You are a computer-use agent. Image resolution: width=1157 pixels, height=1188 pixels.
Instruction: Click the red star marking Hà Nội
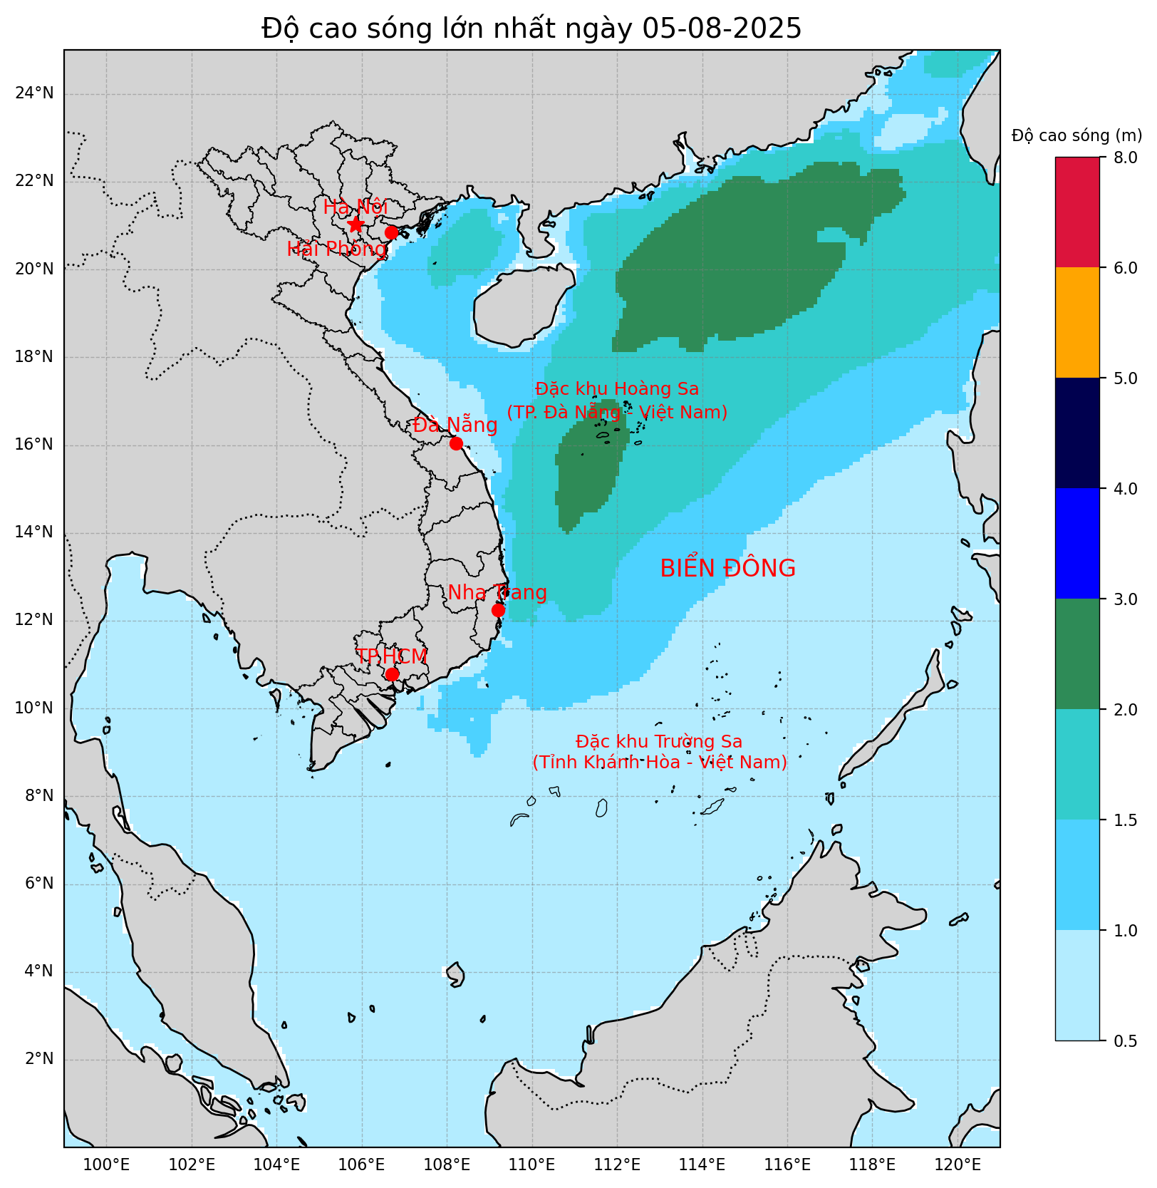(356, 224)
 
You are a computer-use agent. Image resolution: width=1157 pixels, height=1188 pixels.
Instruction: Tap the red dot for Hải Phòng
(391, 232)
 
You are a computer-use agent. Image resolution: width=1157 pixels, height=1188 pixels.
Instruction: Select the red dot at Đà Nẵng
(456, 443)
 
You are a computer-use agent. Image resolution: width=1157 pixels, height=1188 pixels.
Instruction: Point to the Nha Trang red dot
(498, 610)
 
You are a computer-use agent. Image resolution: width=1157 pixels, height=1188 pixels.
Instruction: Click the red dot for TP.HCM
(392, 674)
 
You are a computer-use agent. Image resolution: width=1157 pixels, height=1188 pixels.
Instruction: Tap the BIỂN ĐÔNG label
(727, 569)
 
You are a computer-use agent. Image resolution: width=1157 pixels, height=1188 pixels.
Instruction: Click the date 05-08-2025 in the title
(721, 29)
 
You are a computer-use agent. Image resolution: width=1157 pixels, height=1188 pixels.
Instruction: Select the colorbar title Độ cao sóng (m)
(1076, 135)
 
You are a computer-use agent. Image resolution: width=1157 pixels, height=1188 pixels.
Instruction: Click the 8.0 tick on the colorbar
(1126, 157)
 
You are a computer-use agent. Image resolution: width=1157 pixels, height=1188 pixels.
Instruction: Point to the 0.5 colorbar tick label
(1126, 1041)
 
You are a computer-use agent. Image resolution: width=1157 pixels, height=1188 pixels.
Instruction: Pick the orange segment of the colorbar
(1076, 323)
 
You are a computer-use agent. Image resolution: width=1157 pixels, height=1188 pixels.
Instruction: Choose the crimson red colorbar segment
(1076, 212)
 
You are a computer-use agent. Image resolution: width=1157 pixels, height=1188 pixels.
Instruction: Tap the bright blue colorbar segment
(1076, 544)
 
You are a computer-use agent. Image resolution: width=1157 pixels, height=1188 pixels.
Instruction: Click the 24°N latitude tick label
(34, 93)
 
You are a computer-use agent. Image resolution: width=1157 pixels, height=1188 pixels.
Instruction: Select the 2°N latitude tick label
(38, 1059)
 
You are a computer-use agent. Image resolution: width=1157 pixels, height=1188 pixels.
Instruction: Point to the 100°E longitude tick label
(107, 1165)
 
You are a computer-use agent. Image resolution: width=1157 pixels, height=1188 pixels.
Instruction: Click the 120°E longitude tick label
(958, 1165)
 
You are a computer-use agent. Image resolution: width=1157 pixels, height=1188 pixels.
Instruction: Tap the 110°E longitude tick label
(532, 1165)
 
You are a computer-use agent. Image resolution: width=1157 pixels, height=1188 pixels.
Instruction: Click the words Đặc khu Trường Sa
(659, 742)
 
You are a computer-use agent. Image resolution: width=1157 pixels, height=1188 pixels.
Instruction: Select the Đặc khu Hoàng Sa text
(617, 389)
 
